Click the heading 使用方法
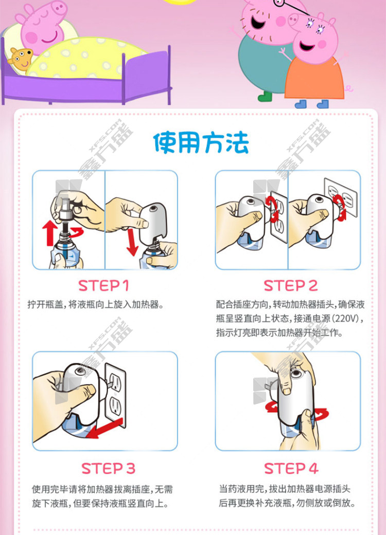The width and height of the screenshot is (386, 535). (201, 143)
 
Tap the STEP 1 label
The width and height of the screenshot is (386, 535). (103, 286)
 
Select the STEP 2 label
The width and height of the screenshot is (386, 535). (291, 286)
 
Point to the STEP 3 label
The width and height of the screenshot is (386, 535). (108, 469)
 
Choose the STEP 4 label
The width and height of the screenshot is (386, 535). (291, 469)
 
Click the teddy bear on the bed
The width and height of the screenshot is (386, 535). (21, 59)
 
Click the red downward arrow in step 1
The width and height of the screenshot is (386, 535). (132, 242)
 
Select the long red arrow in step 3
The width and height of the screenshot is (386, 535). (104, 429)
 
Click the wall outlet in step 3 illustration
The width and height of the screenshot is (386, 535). (115, 395)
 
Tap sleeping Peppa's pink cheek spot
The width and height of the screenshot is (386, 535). (31, 37)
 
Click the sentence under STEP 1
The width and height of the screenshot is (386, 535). (95, 304)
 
